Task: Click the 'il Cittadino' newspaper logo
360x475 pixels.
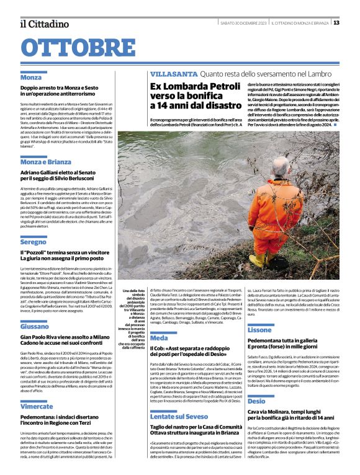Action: [44, 24]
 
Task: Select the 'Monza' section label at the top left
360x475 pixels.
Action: [31, 78]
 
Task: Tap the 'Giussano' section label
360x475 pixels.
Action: [35, 326]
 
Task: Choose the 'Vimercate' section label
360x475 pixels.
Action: [37, 406]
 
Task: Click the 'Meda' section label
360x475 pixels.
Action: [159, 338]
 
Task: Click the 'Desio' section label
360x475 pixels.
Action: [256, 401]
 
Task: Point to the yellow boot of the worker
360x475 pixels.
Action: [256, 260]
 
